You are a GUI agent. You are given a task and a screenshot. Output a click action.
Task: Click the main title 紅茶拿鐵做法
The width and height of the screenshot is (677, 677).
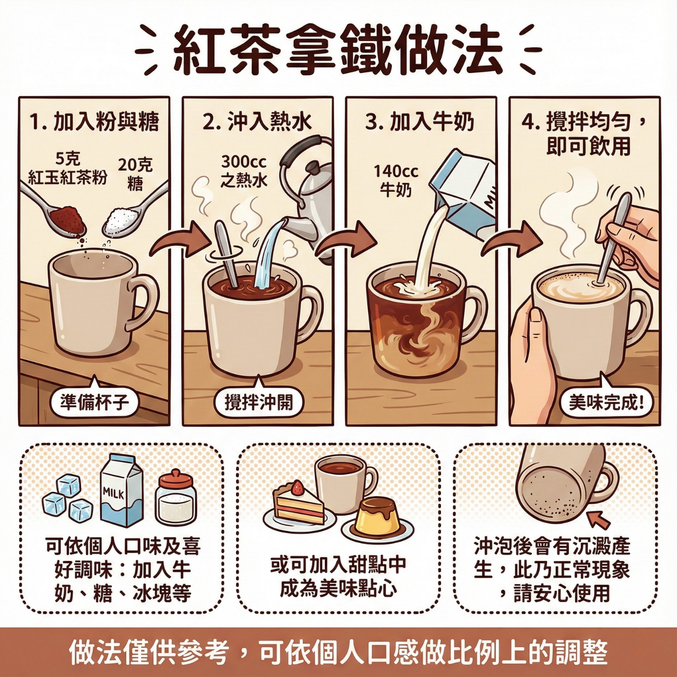pyautogui.click(x=338, y=50)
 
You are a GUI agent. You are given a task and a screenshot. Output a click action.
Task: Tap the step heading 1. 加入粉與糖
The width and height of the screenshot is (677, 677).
pyautogui.click(x=94, y=121)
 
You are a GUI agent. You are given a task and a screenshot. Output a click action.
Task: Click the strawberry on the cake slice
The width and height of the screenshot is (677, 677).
pyautogui.click(x=297, y=487)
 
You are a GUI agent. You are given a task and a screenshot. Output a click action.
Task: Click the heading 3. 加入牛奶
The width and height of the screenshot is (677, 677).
pyautogui.click(x=420, y=121)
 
